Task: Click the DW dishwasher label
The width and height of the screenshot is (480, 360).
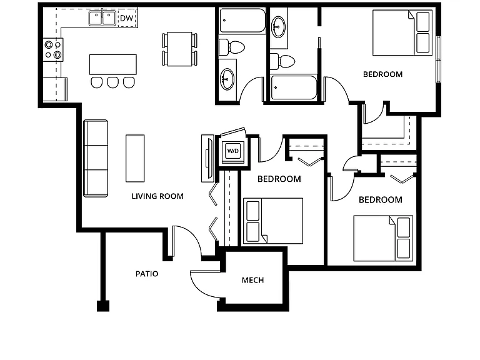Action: point(126,18)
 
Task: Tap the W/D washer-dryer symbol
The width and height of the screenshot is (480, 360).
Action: point(232,151)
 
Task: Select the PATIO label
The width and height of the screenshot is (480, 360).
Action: point(147,274)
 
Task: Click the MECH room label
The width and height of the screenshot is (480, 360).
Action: point(253,280)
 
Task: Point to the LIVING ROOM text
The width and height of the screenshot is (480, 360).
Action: point(157,196)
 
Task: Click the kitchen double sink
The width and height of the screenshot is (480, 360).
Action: point(102,18)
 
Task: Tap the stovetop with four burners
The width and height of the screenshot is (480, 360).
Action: point(53,49)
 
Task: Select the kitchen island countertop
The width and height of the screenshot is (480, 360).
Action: point(113,64)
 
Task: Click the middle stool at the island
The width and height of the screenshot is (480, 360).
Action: point(112,82)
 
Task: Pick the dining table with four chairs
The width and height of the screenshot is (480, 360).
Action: point(179,49)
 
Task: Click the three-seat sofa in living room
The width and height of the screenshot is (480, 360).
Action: point(96,158)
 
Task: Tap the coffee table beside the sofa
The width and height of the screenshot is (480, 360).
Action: point(135,158)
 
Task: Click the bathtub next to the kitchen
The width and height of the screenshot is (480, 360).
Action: point(242,20)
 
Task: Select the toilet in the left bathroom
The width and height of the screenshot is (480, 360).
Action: point(232,47)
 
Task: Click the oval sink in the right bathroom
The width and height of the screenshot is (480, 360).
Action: point(279,27)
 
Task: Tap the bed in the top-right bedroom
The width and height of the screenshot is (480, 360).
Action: point(402,32)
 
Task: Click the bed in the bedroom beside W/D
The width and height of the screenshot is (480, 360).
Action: point(273,221)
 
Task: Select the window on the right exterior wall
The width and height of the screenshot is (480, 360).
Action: point(438,59)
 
